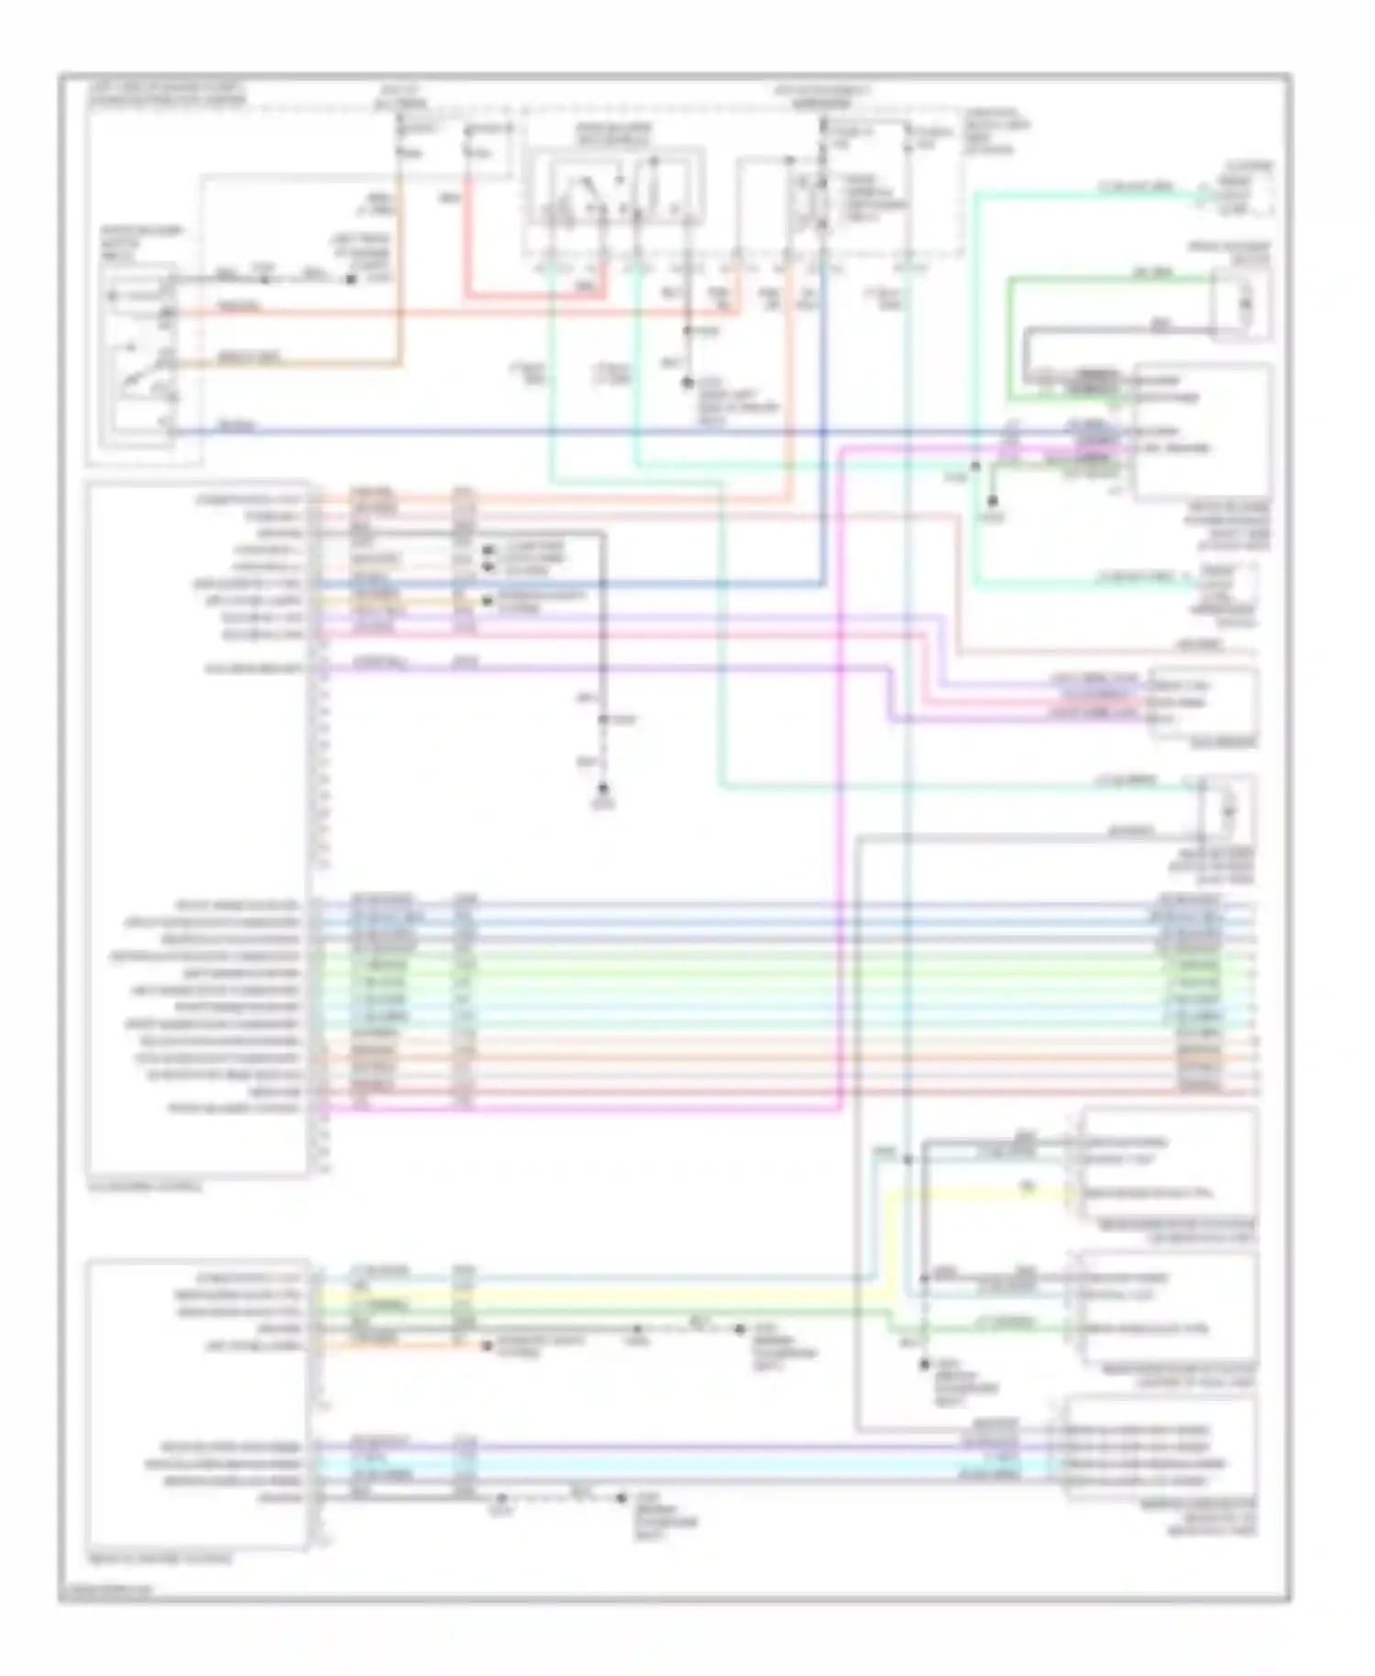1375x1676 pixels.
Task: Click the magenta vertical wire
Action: pyautogui.click(x=841, y=779)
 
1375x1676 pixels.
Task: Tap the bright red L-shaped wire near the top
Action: pyautogui.click(x=467, y=248)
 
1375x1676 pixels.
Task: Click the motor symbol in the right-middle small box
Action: pyautogui.click(x=1229, y=810)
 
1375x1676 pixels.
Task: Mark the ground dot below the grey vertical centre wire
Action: pyautogui.click(x=603, y=789)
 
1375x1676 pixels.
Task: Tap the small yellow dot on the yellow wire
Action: pyautogui.click(x=1028, y=1188)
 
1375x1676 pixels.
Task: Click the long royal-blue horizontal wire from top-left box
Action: pyautogui.click(x=550, y=431)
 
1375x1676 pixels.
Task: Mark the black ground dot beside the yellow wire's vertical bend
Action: pyautogui.click(x=926, y=1365)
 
